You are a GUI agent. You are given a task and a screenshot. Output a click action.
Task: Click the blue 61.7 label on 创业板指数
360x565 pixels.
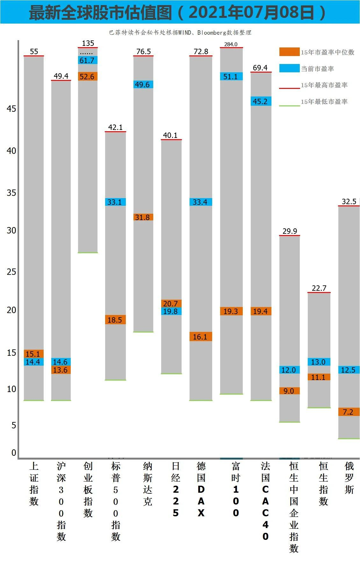pos(88,60)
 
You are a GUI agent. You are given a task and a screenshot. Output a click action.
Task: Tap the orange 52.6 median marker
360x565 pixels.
pos(88,76)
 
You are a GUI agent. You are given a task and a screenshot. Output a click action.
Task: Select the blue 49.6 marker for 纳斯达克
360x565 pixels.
pos(143,84)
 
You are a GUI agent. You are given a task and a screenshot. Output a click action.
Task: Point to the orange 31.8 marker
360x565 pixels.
pos(143,217)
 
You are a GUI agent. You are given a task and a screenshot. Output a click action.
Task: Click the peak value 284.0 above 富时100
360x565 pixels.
pos(231,44)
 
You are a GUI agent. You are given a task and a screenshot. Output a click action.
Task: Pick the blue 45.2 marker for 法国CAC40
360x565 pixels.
pos(261,101)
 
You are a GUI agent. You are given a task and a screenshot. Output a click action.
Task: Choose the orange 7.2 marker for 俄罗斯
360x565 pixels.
pos(349,412)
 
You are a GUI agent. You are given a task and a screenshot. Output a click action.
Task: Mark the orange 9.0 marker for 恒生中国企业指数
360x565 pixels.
pos(289,391)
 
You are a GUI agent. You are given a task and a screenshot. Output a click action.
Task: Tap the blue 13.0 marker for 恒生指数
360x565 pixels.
pos(319,362)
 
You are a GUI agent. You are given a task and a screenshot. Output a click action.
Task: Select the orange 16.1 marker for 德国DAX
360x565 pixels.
pos(201,337)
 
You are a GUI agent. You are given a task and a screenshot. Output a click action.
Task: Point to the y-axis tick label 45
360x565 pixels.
pos(11,109)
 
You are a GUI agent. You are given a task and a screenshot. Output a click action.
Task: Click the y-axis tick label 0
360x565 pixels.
pos(14,453)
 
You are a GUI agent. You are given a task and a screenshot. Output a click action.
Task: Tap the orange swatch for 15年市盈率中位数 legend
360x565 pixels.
pos(289,52)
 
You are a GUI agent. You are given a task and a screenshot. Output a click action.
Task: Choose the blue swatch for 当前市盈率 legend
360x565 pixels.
pos(289,68)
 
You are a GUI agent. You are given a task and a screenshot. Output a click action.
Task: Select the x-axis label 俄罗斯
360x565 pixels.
pos(349,478)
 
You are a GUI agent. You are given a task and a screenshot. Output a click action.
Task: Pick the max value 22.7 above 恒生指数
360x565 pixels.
pos(319,288)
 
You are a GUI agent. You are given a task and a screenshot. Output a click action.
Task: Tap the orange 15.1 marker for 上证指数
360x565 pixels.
pos(33,354)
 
